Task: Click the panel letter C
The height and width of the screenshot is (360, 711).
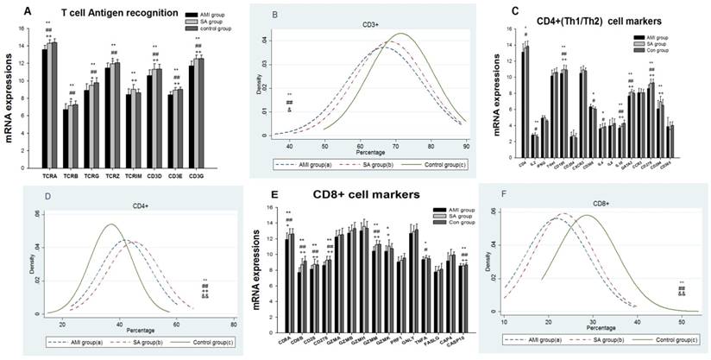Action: click(x=490, y=11)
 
